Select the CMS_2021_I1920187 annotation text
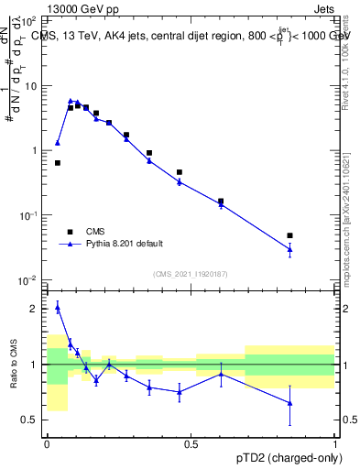(x=190, y=273)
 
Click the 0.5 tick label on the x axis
(x=191, y=442)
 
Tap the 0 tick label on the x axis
(x=47, y=442)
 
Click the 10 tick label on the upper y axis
(x=32, y=85)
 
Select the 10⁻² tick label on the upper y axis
(x=30, y=279)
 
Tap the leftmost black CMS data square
(x=58, y=163)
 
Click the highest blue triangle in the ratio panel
(x=58, y=308)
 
